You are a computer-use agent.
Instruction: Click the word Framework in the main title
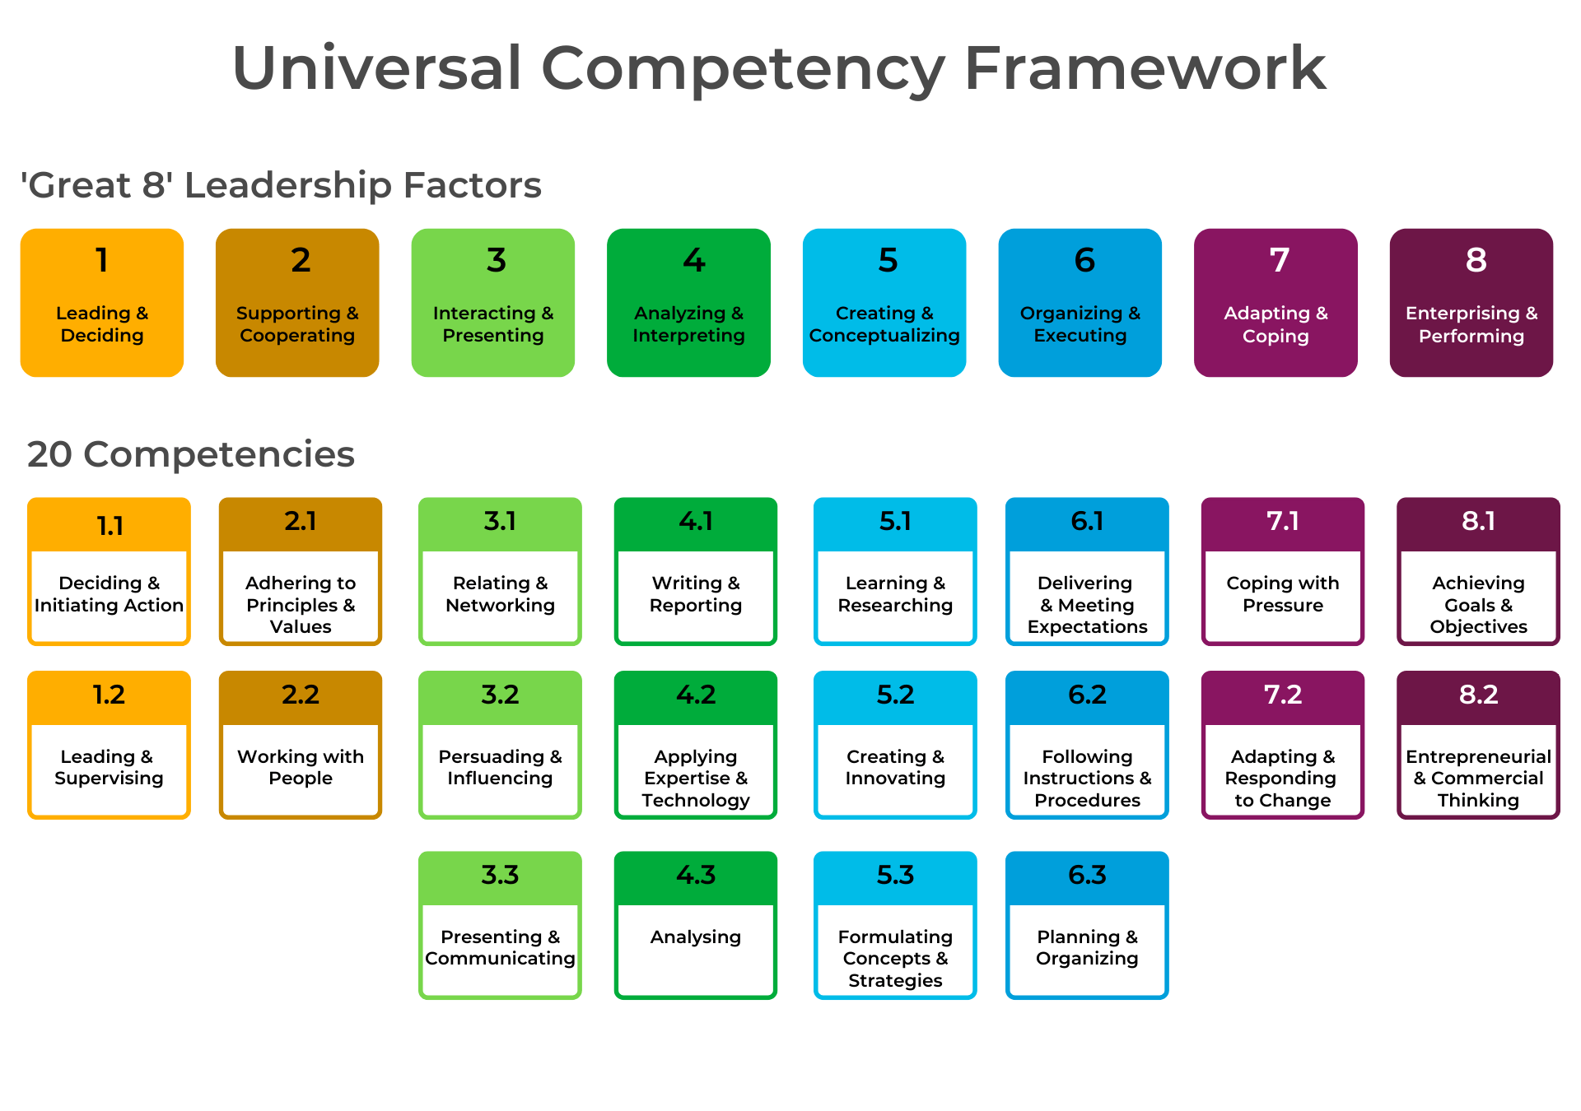(x=1145, y=68)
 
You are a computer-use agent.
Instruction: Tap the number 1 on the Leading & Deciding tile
(x=102, y=260)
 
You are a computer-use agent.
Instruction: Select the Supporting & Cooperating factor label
(x=297, y=324)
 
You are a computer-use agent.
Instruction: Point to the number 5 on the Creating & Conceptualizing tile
(x=888, y=260)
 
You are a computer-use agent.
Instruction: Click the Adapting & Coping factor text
(x=1276, y=324)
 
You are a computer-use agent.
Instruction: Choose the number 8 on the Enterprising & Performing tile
(x=1476, y=260)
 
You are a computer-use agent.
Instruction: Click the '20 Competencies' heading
(x=191, y=454)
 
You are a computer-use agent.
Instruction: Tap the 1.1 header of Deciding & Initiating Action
(x=110, y=526)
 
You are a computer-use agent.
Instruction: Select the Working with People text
(x=301, y=767)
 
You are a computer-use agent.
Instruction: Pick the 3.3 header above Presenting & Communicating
(x=500, y=875)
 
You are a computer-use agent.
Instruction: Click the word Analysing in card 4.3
(x=696, y=937)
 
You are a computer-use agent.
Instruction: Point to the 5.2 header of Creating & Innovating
(x=895, y=695)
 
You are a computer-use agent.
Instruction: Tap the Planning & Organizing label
(x=1087, y=947)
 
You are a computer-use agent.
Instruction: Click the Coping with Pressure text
(x=1283, y=593)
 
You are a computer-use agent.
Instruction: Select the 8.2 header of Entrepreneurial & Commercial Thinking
(x=1478, y=695)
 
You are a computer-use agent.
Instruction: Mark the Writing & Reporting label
(x=696, y=593)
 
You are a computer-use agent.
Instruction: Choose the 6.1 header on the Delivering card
(x=1087, y=521)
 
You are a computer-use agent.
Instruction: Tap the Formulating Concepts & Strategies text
(x=895, y=958)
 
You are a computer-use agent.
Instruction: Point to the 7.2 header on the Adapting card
(x=1283, y=695)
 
